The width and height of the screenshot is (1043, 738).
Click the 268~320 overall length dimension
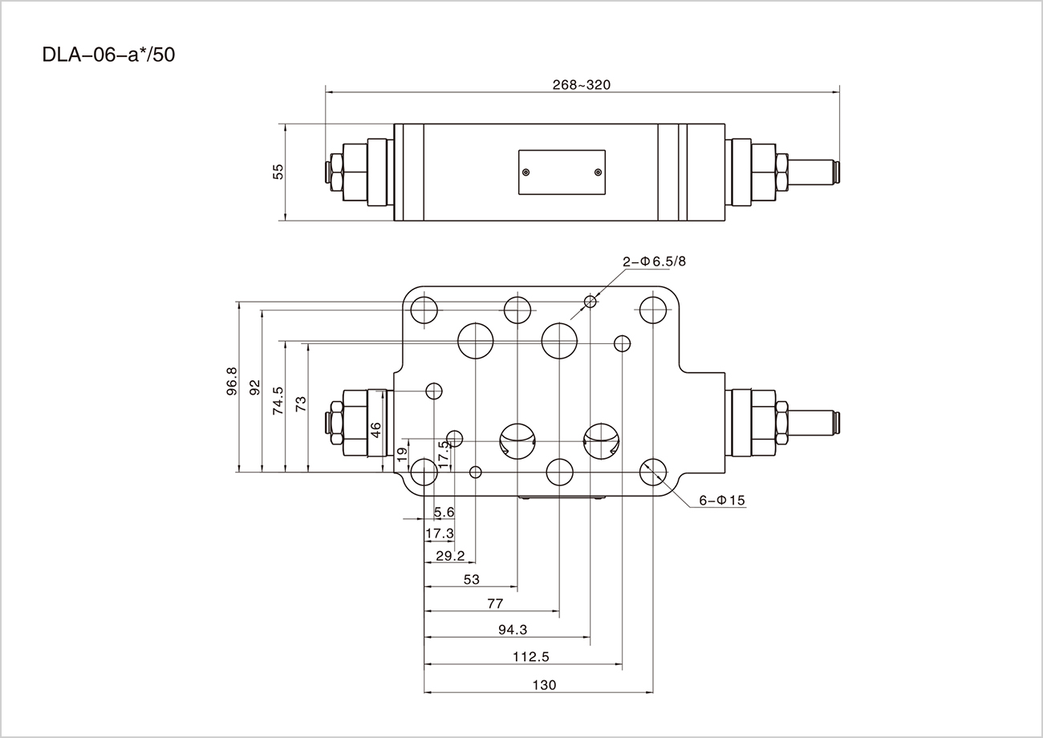(x=582, y=85)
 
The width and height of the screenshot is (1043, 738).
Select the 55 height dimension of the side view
(x=278, y=172)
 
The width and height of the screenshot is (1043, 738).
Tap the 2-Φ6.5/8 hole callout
(x=655, y=262)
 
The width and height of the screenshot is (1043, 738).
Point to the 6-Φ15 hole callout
(x=722, y=501)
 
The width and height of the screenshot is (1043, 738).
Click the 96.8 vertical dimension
(x=232, y=381)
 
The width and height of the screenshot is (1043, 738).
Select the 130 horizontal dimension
(x=543, y=685)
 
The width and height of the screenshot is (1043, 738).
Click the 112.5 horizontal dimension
(x=530, y=657)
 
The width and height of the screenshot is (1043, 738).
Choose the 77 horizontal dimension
(x=495, y=603)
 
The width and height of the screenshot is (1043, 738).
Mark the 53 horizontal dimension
(x=472, y=579)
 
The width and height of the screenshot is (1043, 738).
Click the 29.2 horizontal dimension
(x=450, y=556)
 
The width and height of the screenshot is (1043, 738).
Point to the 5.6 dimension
(x=444, y=512)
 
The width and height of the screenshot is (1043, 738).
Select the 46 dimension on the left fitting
(x=375, y=429)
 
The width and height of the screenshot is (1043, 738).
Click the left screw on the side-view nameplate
(x=526, y=172)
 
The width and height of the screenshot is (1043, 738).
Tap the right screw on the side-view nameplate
(x=598, y=172)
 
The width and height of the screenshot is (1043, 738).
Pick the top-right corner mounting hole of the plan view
(x=654, y=310)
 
